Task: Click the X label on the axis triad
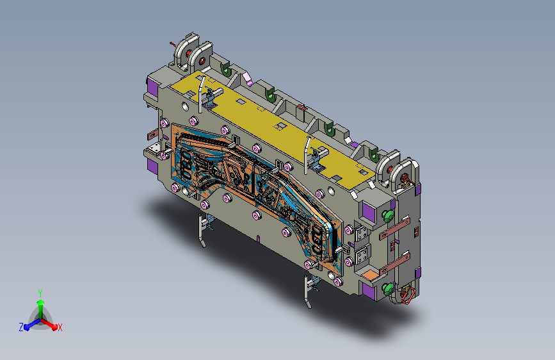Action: point(60,328)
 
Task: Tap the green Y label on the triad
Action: point(40,293)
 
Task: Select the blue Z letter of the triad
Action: point(21,327)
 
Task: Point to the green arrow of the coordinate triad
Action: point(41,309)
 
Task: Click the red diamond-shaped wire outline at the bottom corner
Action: point(408,295)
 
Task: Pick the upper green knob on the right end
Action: point(388,215)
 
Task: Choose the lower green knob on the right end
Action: point(388,289)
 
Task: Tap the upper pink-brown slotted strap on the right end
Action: point(394,229)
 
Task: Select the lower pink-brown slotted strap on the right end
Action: point(394,264)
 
